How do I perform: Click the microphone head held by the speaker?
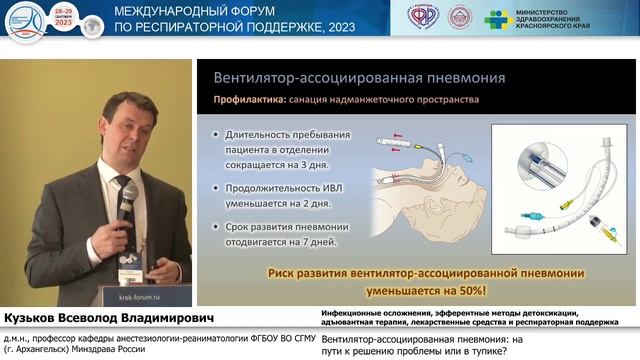[x=128, y=191]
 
